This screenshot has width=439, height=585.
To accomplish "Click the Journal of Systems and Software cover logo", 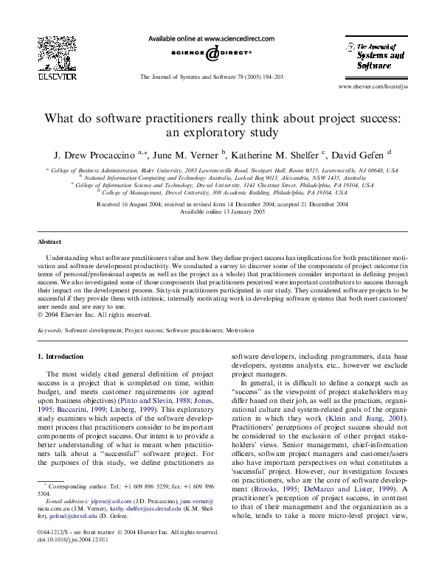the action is click(370, 55).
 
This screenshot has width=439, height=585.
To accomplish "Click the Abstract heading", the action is click(50, 242).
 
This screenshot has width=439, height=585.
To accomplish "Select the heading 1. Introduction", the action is click(61, 357).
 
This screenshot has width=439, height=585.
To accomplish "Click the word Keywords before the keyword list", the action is click(50, 331).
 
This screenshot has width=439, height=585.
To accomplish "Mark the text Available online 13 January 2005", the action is click(219, 211).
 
